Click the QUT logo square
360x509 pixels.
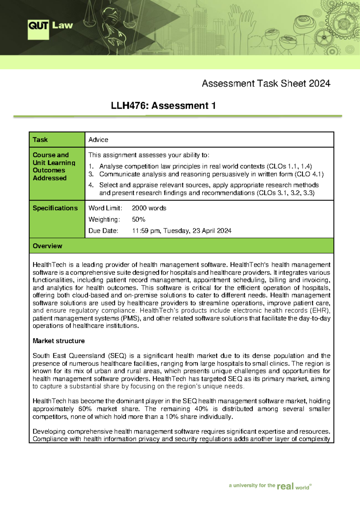[38, 29]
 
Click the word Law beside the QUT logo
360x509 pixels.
[62, 25]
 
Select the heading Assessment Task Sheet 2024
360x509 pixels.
[266, 83]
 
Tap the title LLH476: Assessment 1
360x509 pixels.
[163, 106]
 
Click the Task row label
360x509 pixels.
[40, 140]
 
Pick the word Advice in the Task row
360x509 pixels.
[98, 140]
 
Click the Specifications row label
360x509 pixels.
[55, 208]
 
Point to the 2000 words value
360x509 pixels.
[149, 208]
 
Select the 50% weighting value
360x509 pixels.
[138, 219]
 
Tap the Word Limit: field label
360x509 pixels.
[105, 208]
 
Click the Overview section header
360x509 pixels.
[47, 246]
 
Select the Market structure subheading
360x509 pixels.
[58, 341]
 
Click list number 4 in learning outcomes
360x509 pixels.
[91, 185]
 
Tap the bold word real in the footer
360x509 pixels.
[285, 486]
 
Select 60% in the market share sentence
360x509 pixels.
[85, 409]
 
